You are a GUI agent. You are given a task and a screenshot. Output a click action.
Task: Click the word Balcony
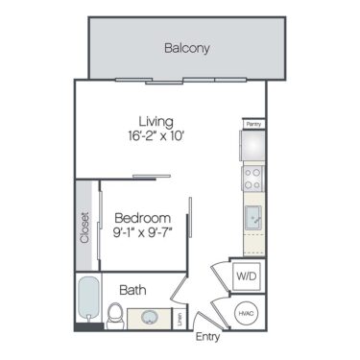tap(186, 48)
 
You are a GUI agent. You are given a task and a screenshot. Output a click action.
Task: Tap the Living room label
tap(155, 122)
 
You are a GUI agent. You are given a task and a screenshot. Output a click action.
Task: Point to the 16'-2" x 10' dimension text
tap(155, 136)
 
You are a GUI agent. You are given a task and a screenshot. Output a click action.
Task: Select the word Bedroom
tap(142, 217)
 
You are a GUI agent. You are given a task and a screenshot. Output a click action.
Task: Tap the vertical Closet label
tap(84, 228)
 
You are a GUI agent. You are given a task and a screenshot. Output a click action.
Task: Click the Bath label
tap(132, 289)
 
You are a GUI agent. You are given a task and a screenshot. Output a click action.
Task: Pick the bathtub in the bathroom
tap(87, 301)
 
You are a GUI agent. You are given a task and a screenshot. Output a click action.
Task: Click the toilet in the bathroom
tap(115, 313)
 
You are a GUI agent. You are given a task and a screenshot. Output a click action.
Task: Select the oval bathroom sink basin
tap(151, 318)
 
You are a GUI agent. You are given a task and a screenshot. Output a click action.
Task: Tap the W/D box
tap(246, 276)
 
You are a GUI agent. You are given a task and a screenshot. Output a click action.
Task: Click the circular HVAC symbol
tap(247, 313)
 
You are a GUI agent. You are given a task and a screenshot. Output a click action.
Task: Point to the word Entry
tap(207, 337)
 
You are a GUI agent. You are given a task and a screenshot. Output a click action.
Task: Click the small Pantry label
tap(252, 124)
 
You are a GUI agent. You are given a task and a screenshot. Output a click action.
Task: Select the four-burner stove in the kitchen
tap(253, 177)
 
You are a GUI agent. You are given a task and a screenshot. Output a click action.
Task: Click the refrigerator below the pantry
tap(253, 145)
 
